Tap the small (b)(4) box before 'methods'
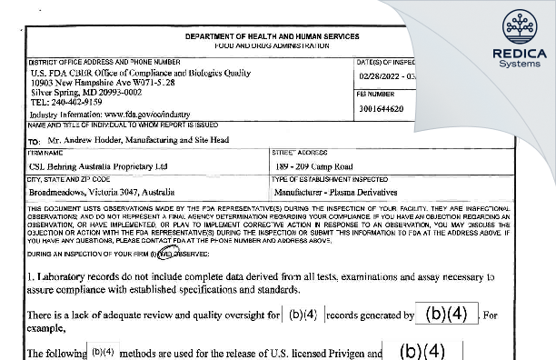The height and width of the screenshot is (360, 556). point(103,352)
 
